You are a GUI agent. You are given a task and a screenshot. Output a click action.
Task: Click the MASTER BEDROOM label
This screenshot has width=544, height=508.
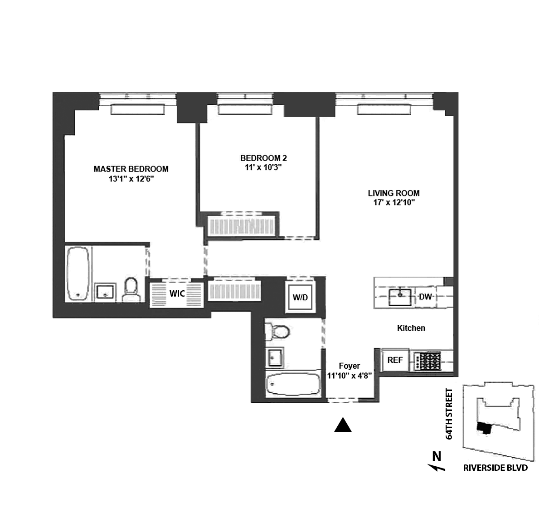click(x=131, y=169)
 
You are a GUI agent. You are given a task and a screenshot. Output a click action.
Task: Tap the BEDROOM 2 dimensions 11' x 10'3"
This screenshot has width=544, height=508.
click(x=263, y=167)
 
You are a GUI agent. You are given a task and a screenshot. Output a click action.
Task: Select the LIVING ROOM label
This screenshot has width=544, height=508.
click(x=393, y=193)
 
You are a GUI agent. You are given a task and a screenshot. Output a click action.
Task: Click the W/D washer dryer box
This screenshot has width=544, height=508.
click(x=300, y=298)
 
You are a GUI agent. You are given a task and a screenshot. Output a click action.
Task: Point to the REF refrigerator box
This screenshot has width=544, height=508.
click(x=395, y=360)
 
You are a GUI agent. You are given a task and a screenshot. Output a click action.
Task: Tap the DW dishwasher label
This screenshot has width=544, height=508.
click(x=425, y=297)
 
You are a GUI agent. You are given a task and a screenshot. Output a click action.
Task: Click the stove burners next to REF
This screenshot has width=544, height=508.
click(x=428, y=361)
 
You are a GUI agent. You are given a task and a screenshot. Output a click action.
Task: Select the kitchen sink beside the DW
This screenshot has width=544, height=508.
click(x=400, y=297)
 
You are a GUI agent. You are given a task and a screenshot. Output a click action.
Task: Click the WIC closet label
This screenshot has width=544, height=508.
click(x=177, y=293)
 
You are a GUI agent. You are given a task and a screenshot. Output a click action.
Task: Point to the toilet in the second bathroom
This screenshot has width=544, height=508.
click(x=277, y=332)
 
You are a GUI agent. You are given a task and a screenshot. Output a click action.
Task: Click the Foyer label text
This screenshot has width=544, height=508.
click(x=349, y=366)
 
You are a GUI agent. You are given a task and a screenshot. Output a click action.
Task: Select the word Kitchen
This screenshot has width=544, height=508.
click(x=411, y=327)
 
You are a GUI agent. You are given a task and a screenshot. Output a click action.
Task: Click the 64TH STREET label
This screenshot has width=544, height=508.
click(x=449, y=414)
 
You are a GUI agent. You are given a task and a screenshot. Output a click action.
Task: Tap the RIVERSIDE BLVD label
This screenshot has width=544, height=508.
click(x=495, y=468)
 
